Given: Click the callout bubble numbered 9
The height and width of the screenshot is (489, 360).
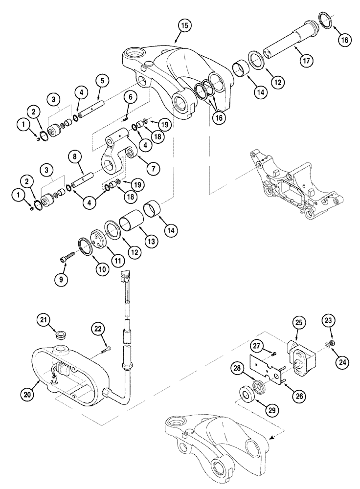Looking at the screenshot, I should (x=61, y=280).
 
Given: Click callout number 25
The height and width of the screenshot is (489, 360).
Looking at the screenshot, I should (x=299, y=322).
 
